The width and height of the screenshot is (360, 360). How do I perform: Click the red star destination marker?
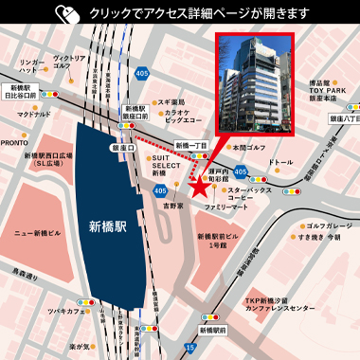[x=200, y=187]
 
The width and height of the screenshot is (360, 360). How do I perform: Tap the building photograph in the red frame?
[x=255, y=84]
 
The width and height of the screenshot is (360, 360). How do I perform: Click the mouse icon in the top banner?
[x=66, y=14]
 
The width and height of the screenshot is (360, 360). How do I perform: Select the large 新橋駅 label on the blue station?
[x=107, y=227]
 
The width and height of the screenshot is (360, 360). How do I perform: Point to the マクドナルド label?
[x=34, y=115]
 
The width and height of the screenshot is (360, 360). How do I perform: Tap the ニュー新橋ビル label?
[x=37, y=231]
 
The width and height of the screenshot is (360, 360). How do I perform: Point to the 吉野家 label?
[x=171, y=205]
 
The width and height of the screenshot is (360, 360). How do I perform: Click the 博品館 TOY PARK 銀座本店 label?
[x=326, y=91]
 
